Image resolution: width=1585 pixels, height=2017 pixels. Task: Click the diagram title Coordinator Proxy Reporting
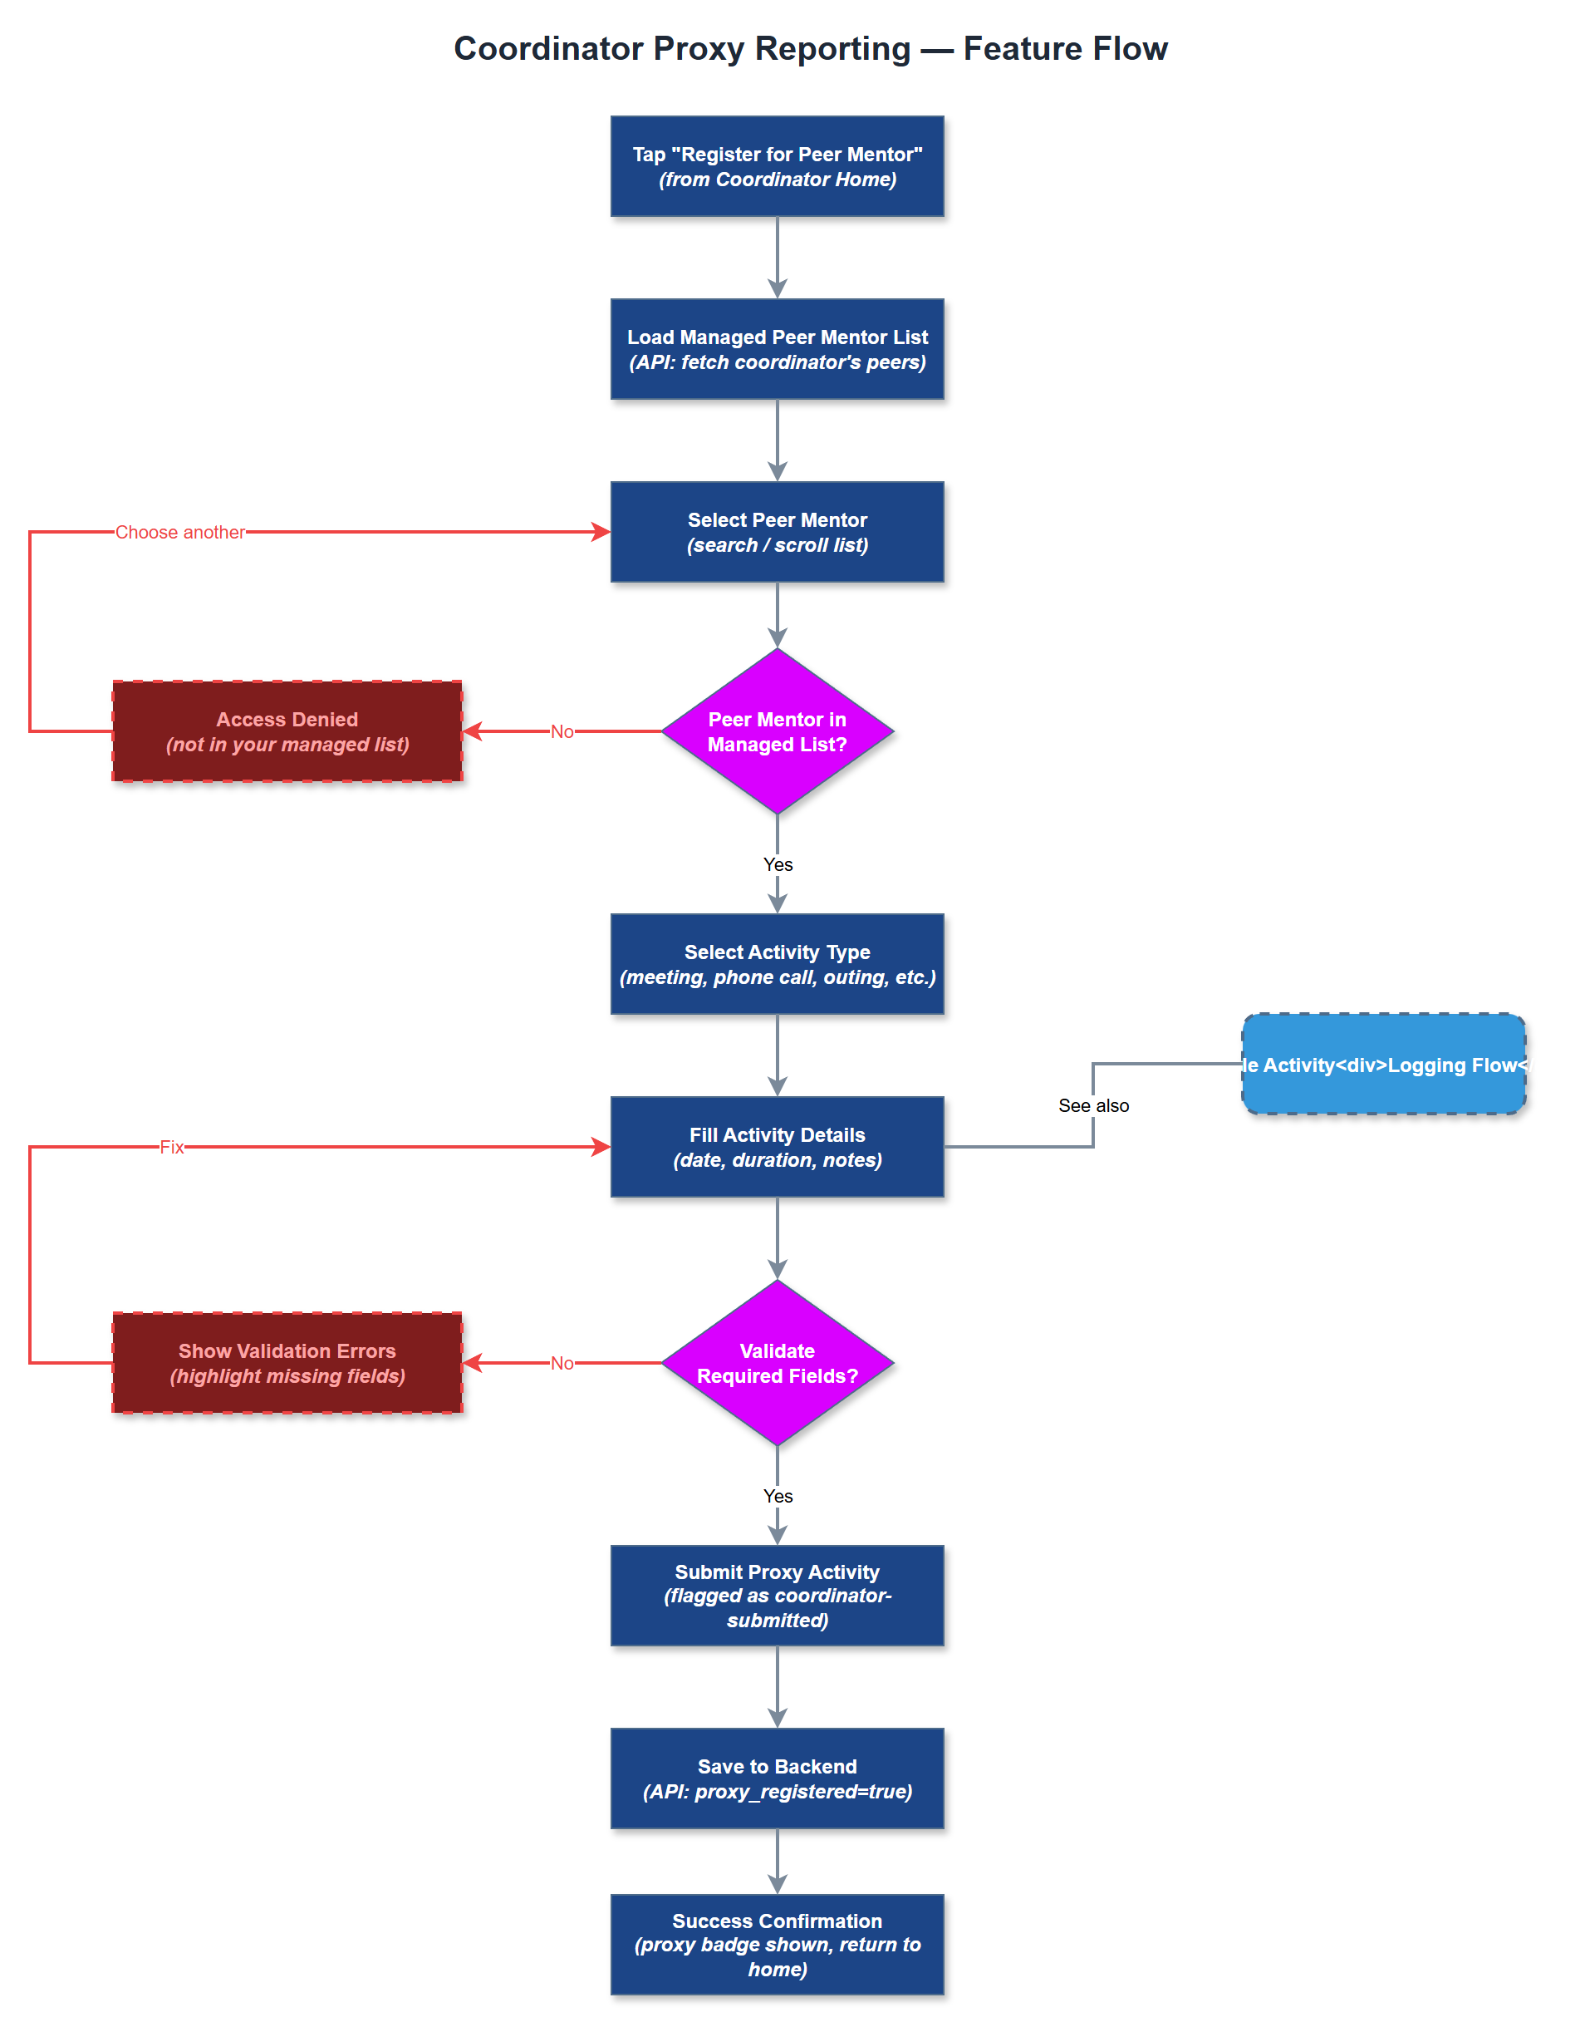[x=810, y=48]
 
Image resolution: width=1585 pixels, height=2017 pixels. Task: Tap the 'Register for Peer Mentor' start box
[x=777, y=166]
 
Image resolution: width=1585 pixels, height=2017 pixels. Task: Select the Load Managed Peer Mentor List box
[x=777, y=349]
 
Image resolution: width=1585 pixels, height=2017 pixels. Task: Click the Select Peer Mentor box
[x=777, y=532]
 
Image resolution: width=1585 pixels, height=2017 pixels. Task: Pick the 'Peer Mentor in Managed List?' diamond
[x=777, y=731]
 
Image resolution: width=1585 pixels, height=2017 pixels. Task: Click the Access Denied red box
[x=287, y=731]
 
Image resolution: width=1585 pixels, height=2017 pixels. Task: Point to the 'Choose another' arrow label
[x=180, y=532]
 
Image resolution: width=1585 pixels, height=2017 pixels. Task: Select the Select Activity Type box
[x=777, y=963]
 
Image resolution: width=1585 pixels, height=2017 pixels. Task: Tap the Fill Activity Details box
[x=777, y=1146]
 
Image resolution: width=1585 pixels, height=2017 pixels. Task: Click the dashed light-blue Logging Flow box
[x=1382, y=1064]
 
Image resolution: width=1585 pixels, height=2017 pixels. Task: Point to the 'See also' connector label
[x=1093, y=1105]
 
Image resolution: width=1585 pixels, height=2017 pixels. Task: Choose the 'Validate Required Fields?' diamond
[x=777, y=1363]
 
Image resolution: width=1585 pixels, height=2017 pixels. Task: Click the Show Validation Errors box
[x=287, y=1363]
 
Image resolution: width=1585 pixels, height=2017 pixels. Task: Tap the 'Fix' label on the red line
[x=172, y=1147]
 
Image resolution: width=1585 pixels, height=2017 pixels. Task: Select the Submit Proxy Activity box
[x=777, y=1595]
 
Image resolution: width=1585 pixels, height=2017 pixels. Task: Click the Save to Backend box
[x=777, y=1778]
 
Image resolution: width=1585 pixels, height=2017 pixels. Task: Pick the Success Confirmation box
[x=777, y=1944]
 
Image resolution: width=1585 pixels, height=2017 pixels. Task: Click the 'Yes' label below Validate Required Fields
[x=778, y=1496]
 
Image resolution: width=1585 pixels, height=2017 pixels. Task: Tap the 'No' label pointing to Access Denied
[x=562, y=731]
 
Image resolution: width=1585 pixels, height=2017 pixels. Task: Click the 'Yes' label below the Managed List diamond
[x=778, y=864]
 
